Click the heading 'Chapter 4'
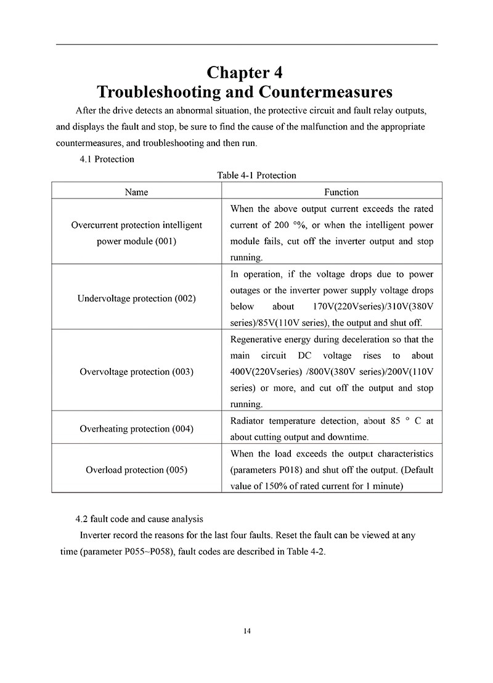pos(245,72)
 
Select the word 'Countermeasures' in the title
pos(325,92)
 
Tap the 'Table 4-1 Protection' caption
pos(256,176)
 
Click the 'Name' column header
pos(136,192)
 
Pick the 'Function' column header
pos(332,192)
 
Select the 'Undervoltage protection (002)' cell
pos(136,298)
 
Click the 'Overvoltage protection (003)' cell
pos(136,372)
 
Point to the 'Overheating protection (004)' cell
pos(136,428)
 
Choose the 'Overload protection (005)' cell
pos(136,470)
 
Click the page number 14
pos(246,631)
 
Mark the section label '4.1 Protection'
pos(107,159)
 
